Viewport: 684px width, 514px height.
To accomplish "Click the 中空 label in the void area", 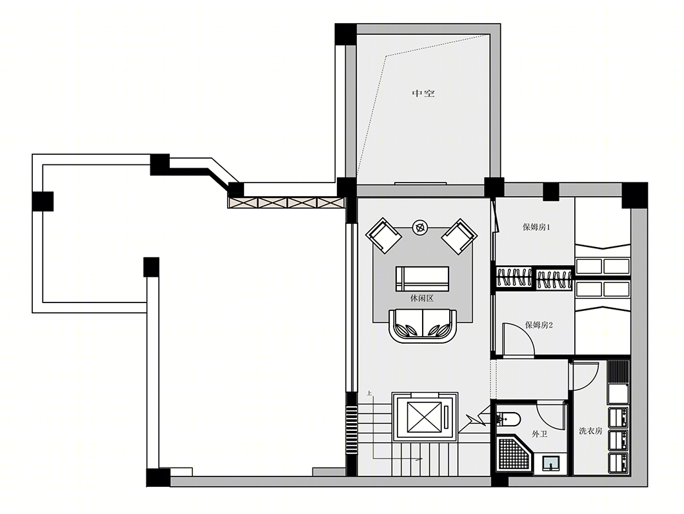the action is pos(423,94).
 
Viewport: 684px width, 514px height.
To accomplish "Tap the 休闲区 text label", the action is pos(422,299).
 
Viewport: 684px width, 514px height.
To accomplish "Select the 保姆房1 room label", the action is pos(536,227).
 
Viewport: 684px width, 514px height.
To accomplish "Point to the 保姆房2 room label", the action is pos(539,325).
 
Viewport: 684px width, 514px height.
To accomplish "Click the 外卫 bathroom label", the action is pos(539,434).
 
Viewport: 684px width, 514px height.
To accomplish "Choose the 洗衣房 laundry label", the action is pos(590,431).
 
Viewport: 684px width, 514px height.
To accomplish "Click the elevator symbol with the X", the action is pos(425,417).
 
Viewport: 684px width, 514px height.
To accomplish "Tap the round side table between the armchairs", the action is pos(420,227).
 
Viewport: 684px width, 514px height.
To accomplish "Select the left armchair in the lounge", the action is pos(383,235).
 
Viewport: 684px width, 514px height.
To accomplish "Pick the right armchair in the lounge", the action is pos(459,236).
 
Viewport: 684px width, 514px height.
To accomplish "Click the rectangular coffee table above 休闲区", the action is pos(422,279).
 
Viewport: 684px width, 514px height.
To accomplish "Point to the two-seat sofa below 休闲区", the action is pos(423,326).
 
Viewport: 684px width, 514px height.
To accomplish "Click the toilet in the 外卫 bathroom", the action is pos(508,419).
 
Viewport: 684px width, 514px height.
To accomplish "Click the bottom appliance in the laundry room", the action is pos(618,464).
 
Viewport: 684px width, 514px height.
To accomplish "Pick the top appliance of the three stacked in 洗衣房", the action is pos(618,418).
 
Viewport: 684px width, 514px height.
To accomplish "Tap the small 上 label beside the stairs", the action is pos(369,393).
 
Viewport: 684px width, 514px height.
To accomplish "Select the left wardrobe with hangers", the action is pos(514,278).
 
